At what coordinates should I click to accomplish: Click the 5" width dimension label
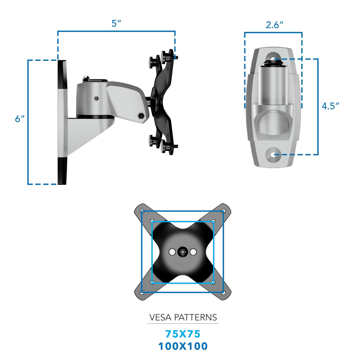(116, 23)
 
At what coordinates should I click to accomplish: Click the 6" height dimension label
(20, 119)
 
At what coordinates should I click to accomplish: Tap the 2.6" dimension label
(274, 25)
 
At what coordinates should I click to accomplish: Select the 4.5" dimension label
(330, 106)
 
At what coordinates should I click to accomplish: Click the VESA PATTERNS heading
(183, 318)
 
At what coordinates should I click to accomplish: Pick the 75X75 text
(183, 334)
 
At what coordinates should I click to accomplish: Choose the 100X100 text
(183, 346)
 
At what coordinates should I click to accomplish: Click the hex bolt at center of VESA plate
(182, 252)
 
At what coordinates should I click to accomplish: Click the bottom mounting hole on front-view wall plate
(273, 154)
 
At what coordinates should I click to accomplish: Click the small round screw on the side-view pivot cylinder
(96, 98)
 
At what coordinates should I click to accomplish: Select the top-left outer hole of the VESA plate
(142, 211)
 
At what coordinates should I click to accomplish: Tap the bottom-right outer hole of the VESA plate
(223, 293)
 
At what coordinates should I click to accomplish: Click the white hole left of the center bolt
(172, 252)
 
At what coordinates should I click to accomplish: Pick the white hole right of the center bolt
(193, 252)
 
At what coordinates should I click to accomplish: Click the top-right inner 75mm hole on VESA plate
(213, 222)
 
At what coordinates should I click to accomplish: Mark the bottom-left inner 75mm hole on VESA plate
(152, 282)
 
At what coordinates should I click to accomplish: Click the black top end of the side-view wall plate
(62, 74)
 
